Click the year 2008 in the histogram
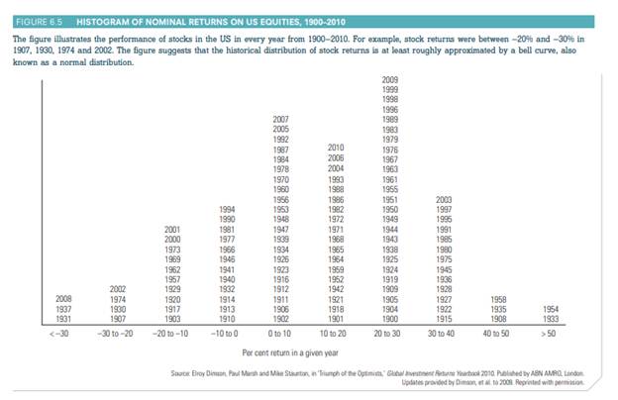coord(61,297)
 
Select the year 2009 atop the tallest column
coord(390,78)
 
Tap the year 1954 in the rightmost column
coord(553,308)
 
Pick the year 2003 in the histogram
coord(445,199)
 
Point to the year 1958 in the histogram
coord(498,297)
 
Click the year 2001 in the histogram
coord(172,229)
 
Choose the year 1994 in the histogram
coord(227,209)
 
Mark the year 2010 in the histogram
coord(336,148)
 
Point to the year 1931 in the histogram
coord(61,318)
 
